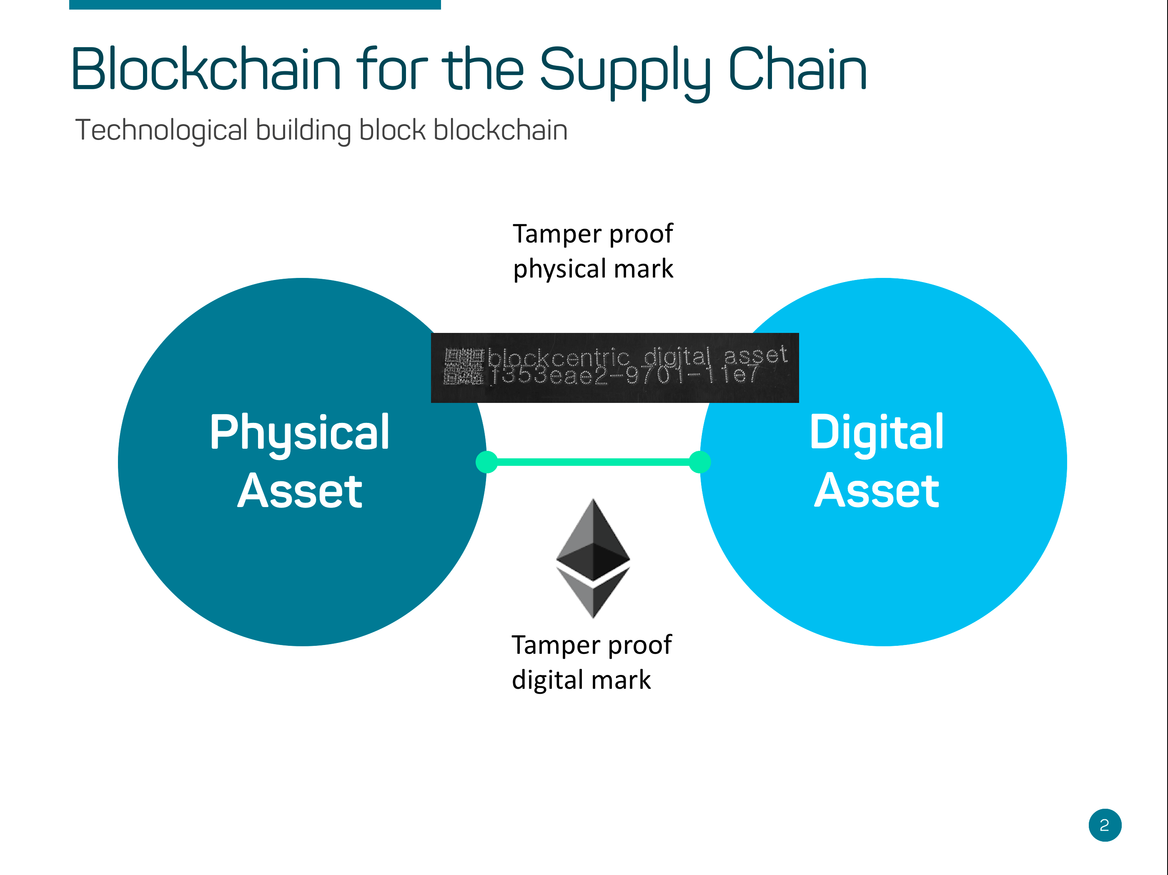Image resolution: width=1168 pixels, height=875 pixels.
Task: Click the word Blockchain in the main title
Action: (x=206, y=70)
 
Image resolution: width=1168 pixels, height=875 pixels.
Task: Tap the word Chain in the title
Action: (x=797, y=70)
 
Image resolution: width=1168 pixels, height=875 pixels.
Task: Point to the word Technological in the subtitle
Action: (x=161, y=130)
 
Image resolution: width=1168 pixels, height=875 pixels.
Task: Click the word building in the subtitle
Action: (x=303, y=130)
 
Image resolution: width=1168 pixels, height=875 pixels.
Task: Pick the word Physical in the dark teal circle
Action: (x=299, y=433)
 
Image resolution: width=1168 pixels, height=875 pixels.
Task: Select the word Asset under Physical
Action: (x=299, y=491)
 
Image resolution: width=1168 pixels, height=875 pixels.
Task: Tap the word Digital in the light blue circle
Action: (x=877, y=433)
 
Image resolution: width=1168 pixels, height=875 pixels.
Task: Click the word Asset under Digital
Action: (x=877, y=491)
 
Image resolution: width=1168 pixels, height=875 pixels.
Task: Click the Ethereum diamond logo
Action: (x=593, y=558)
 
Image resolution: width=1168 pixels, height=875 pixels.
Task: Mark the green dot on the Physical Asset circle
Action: (x=486, y=462)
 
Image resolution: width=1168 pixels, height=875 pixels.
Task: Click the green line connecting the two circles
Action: (x=593, y=462)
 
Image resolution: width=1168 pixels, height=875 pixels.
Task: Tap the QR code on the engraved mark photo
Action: (x=463, y=367)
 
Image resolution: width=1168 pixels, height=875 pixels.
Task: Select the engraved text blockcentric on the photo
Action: (x=558, y=358)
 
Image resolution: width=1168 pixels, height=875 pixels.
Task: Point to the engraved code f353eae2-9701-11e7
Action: (x=623, y=376)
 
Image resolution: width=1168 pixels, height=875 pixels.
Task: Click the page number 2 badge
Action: (x=1105, y=825)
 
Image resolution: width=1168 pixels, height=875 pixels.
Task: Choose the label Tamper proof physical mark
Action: (x=593, y=251)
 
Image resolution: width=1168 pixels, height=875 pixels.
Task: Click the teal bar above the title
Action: (x=255, y=4)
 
